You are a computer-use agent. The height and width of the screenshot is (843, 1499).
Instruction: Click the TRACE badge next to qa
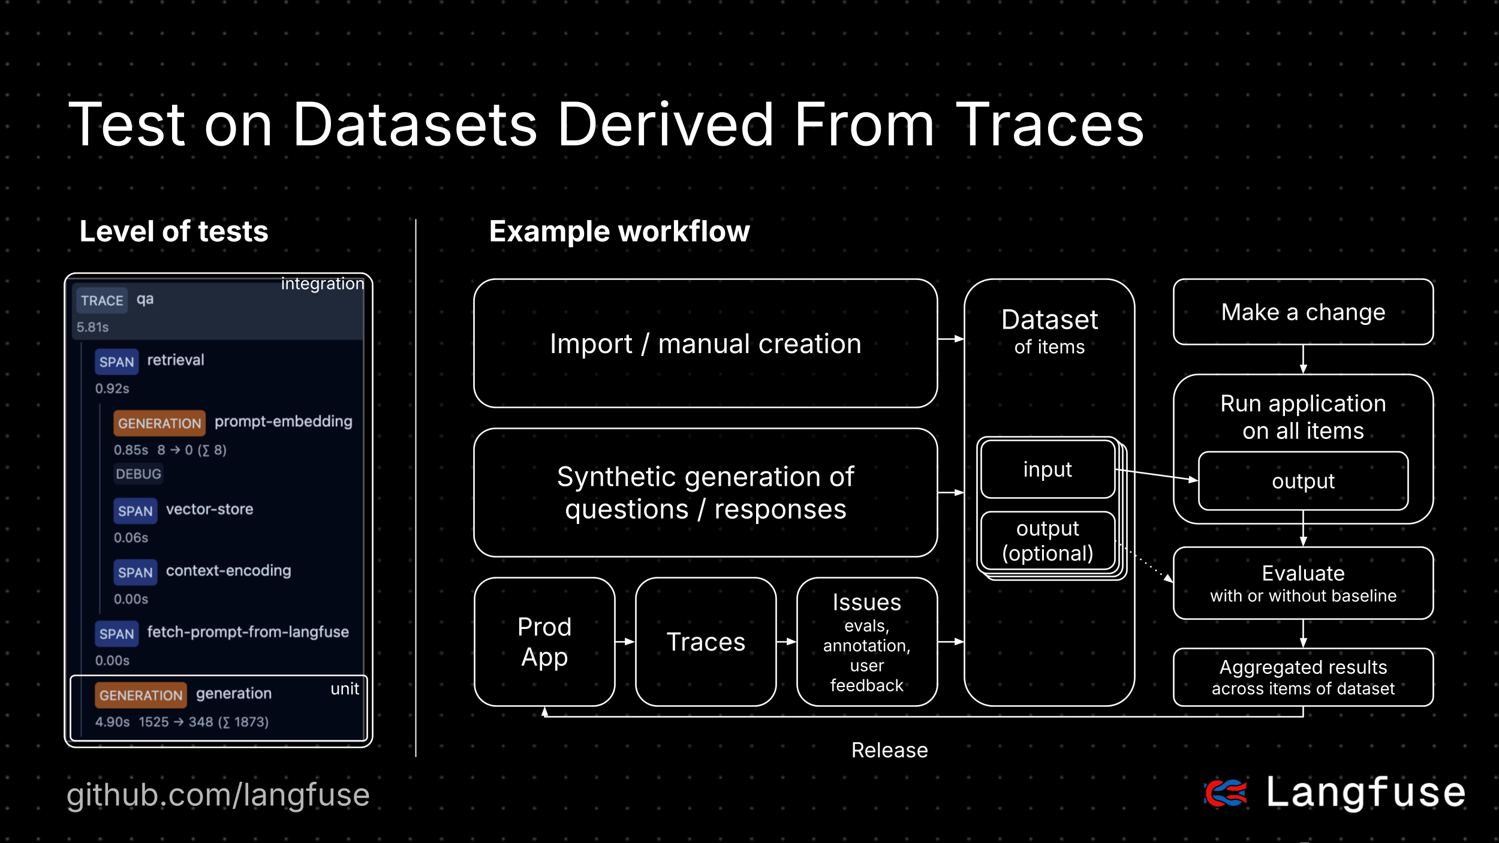click(102, 300)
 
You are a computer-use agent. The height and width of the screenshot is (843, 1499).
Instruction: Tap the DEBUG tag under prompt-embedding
click(139, 474)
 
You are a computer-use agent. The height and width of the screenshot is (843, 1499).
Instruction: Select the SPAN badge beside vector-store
click(136, 511)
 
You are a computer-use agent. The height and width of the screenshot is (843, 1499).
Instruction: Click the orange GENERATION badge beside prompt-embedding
click(159, 423)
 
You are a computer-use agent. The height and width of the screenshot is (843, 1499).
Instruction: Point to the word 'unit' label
click(345, 689)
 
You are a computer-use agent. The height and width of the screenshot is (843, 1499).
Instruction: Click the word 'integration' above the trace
click(323, 284)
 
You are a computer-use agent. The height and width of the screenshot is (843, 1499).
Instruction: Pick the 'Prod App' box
click(544, 642)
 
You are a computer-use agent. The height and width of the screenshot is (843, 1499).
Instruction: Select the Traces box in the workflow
click(706, 642)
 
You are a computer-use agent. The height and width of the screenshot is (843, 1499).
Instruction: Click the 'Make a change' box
click(1303, 312)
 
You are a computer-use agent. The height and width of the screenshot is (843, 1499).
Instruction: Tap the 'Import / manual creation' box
click(705, 344)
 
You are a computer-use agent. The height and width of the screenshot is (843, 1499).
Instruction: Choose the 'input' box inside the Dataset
click(1048, 469)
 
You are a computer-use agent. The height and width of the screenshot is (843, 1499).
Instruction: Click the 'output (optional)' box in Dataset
click(1048, 541)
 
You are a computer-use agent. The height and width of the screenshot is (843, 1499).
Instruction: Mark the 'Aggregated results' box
click(1303, 678)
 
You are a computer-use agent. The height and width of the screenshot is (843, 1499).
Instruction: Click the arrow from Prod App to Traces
click(625, 642)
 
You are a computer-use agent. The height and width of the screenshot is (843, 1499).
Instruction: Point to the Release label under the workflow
click(889, 750)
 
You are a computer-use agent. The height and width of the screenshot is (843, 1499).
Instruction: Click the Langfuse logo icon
click(1226, 793)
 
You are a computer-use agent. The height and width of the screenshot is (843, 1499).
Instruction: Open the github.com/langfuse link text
click(218, 795)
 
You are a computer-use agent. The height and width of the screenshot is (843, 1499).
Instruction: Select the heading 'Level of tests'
click(174, 231)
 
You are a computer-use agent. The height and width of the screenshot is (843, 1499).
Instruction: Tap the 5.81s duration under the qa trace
click(92, 327)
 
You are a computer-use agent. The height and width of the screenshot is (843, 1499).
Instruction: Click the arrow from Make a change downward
click(1303, 360)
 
